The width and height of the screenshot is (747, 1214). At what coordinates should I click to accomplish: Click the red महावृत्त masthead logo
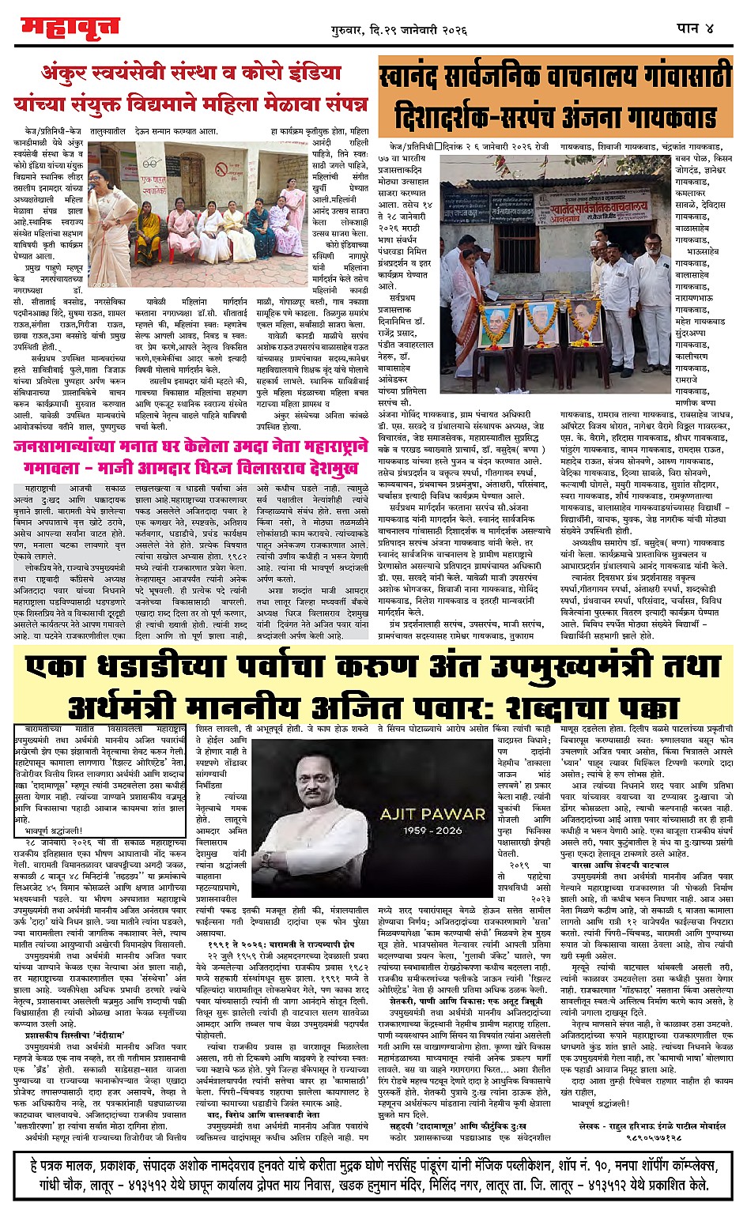69,28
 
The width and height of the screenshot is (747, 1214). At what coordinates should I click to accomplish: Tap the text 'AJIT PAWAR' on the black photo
432,813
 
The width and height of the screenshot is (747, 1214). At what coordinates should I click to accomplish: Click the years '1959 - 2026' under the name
432,831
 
